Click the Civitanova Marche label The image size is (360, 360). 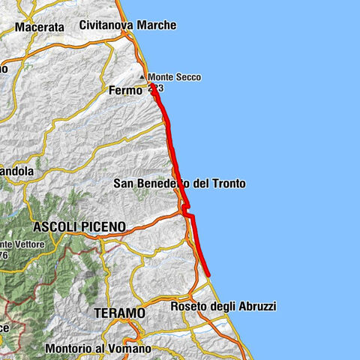click(x=128, y=25)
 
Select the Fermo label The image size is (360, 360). click(x=125, y=90)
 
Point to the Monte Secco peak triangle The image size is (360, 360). click(x=142, y=76)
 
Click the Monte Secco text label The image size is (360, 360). click(x=174, y=76)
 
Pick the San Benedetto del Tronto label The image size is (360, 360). click(x=180, y=184)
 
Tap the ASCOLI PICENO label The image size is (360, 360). click(x=79, y=226)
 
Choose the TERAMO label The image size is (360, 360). click(x=118, y=312)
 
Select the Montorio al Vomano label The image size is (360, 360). click(x=98, y=349)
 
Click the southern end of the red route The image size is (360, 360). click(x=208, y=274)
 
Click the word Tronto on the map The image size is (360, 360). click(x=229, y=184)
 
